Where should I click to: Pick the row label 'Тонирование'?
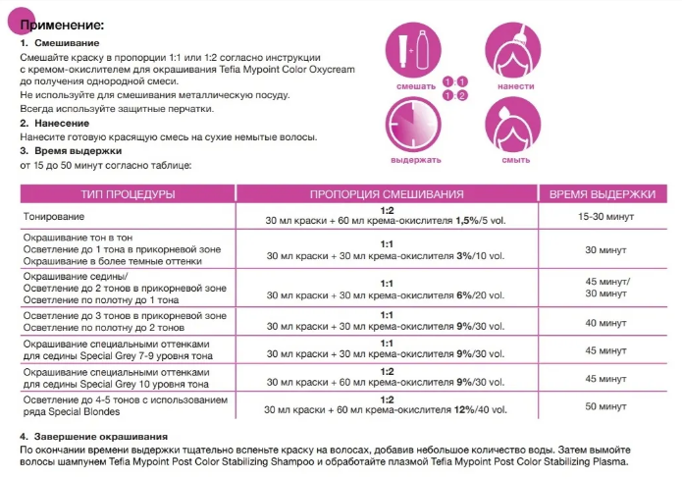pos(50,215)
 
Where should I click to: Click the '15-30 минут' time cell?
pos(604,216)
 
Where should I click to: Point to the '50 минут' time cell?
pos(604,404)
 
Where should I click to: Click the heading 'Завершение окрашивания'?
pos(99,435)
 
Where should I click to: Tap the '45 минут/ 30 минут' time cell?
pos(604,287)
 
